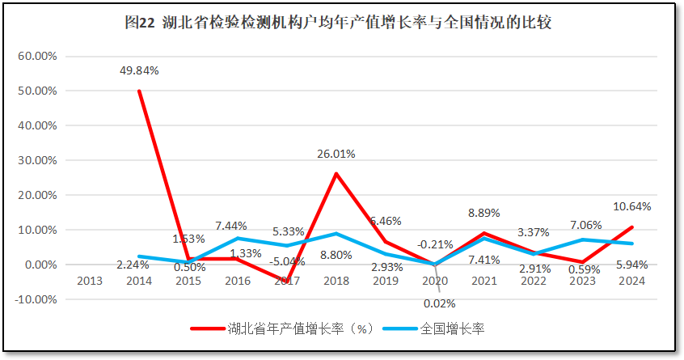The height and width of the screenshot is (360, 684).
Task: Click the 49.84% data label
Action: click(139, 70)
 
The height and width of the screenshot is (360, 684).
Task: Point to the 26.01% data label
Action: click(336, 153)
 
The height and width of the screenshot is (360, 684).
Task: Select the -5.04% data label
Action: click(288, 261)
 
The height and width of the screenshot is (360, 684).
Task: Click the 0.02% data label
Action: click(440, 303)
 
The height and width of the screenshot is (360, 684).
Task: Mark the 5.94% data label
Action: click(631, 264)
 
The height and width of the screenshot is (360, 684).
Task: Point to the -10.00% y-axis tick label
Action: click(35, 299)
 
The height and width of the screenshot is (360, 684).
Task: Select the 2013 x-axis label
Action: click(90, 281)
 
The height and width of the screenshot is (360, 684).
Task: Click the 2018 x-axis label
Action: click(336, 281)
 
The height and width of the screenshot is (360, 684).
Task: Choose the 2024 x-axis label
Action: click(631, 281)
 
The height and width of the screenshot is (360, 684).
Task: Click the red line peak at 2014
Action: click(139, 91)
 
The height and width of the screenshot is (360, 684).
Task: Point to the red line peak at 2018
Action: click(336, 174)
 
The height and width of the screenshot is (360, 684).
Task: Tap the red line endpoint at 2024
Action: click(631, 227)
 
